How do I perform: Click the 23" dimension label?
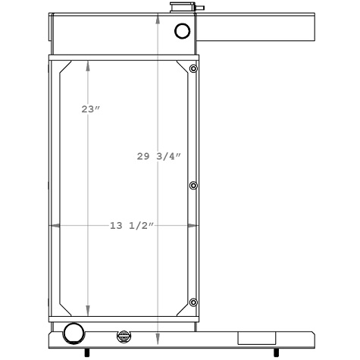(x=91, y=109)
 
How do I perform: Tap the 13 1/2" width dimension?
(x=132, y=226)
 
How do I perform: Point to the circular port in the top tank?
(x=183, y=31)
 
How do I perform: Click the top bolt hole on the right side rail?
(x=193, y=70)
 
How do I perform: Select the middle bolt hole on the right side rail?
(x=193, y=186)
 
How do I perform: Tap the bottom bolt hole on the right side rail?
(x=193, y=302)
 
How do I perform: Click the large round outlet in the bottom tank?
(x=74, y=333)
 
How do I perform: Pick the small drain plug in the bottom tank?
(x=124, y=337)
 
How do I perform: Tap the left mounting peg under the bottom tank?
(x=86, y=352)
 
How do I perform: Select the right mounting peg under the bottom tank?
(x=275, y=352)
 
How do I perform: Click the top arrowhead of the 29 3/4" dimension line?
(x=158, y=18)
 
